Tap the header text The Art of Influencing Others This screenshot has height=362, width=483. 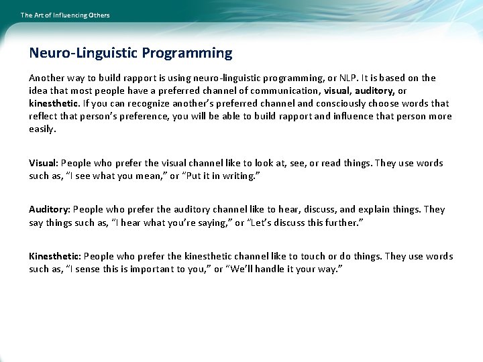point(65,15)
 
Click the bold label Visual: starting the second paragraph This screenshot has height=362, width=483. point(44,163)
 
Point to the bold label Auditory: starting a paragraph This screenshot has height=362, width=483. point(50,209)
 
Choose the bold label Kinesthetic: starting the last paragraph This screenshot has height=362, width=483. point(56,256)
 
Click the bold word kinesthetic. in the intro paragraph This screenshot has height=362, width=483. point(54,103)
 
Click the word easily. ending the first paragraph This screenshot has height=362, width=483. point(42,129)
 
